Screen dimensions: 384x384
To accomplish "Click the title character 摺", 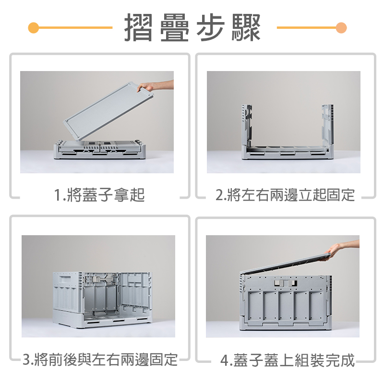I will click(139, 27).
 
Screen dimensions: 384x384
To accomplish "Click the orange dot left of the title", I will click(33, 27).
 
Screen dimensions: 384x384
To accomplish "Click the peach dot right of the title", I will click(341, 27).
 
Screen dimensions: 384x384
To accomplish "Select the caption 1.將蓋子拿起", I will click(99, 195).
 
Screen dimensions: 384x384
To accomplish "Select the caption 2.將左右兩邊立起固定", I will click(285, 195).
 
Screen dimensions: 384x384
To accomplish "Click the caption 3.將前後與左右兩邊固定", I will click(100, 359).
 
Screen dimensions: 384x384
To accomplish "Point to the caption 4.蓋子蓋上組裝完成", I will click(288, 360).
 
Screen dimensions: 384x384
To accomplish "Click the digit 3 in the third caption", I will click(27, 359).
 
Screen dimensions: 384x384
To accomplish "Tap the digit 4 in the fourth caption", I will click(225, 360).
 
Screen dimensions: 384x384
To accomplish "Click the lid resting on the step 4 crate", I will click(283, 265).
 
